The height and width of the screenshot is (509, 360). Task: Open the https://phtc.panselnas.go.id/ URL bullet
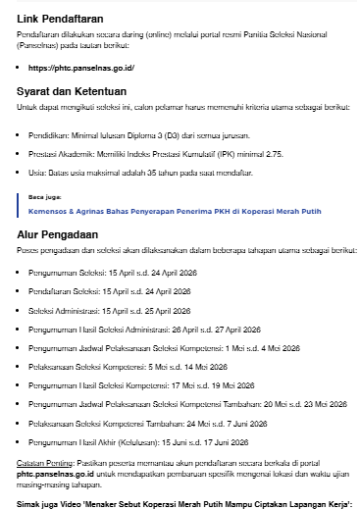(x=84, y=68)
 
